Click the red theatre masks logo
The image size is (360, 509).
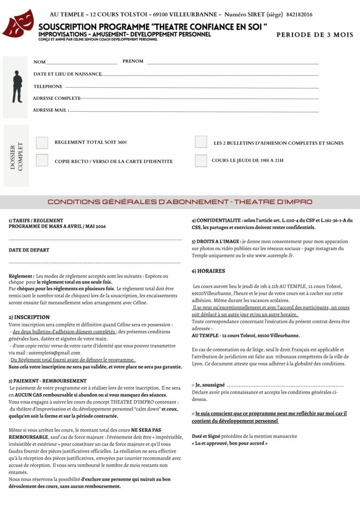click(18, 23)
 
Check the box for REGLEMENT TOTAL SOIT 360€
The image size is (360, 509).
click(42, 143)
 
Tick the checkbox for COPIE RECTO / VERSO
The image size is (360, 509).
click(42, 161)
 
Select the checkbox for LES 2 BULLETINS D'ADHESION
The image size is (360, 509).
click(201, 142)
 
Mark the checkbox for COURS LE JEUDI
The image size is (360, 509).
click(201, 161)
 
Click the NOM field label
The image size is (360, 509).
click(39, 62)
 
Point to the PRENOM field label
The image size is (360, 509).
click(133, 61)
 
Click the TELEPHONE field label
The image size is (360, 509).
click(48, 86)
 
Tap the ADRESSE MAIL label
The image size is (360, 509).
click(50, 110)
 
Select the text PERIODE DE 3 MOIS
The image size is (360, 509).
click(315, 35)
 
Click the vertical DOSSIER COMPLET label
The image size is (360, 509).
click(16, 156)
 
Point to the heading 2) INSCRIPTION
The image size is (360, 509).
click(29, 317)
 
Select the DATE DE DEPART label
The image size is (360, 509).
click(29, 250)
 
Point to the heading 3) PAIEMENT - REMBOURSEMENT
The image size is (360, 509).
click(48, 381)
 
